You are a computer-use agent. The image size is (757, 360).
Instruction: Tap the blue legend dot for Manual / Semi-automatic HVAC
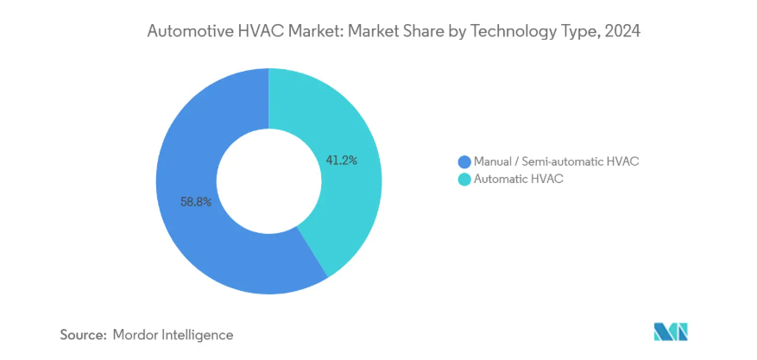coord(464,161)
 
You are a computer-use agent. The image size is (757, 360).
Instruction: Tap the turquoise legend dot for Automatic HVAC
coord(464,180)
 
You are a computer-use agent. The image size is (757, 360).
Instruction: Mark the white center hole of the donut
coord(268,181)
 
